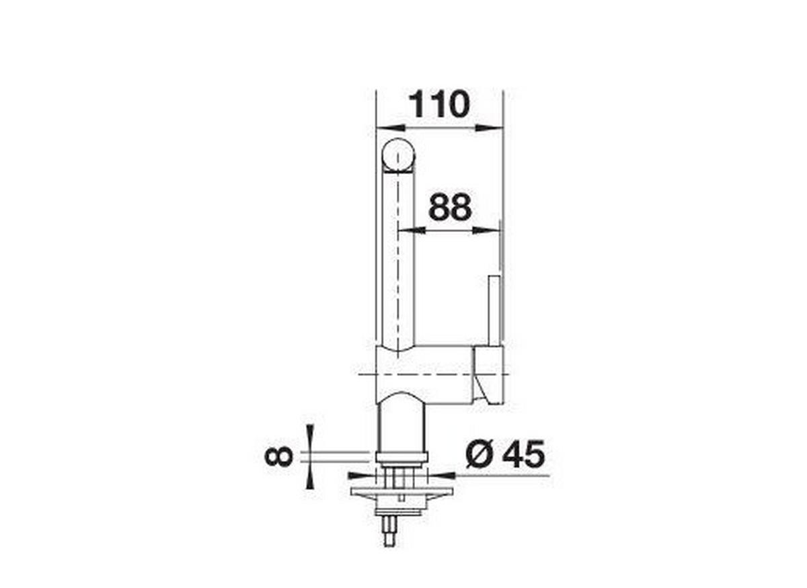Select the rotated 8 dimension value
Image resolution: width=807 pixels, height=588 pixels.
[x=278, y=457]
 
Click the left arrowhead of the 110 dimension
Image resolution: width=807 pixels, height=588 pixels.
[x=388, y=127]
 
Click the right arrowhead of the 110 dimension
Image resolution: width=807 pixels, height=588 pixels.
[x=490, y=127]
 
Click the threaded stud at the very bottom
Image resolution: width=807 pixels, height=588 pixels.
[x=389, y=536]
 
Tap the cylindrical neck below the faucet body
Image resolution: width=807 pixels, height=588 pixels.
[x=401, y=423]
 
